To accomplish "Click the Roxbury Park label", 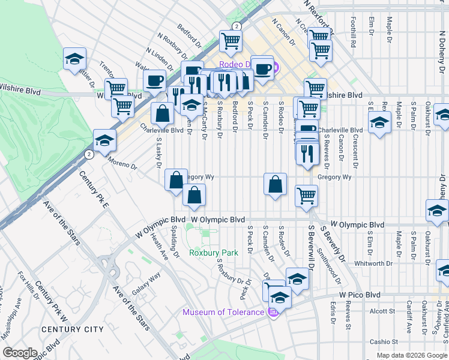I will (x=213, y=253).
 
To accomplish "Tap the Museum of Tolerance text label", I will (x=223, y=313).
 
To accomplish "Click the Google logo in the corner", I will (x=20, y=353).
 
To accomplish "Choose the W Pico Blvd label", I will (x=360, y=295).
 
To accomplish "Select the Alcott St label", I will (x=381, y=311).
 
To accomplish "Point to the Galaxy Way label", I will (x=146, y=283).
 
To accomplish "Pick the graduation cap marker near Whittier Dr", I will (x=74, y=59).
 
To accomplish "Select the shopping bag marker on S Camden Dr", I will (x=275, y=184).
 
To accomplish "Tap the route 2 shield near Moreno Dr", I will (x=89, y=154).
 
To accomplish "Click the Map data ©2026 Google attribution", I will (x=412, y=355).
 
